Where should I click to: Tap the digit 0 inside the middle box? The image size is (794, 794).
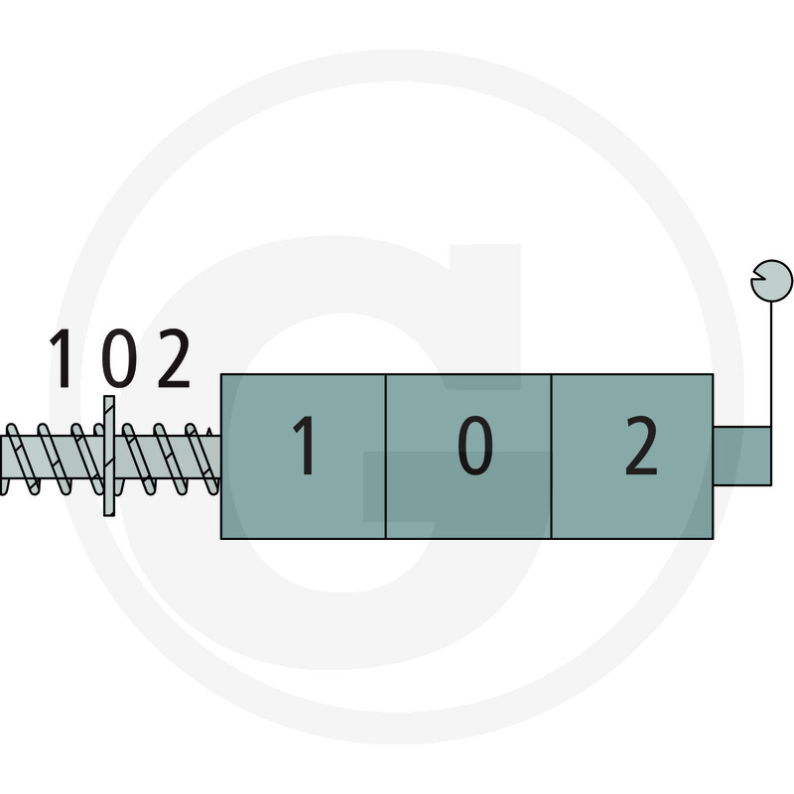(x=475, y=446)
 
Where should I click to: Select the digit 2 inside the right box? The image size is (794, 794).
(x=641, y=446)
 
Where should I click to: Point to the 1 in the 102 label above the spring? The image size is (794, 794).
(x=62, y=358)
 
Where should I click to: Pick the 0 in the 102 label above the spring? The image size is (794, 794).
(x=119, y=358)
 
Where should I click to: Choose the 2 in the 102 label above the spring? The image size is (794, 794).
(x=174, y=358)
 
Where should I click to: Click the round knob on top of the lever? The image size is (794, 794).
(x=771, y=281)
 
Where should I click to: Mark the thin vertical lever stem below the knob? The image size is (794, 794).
(x=771, y=364)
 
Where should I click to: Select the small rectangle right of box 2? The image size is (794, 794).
(x=742, y=456)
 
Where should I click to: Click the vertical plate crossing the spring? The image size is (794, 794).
(x=109, y=456)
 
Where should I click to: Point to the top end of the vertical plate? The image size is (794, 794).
(x=109, y=396)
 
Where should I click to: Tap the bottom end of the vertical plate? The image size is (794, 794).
(x=109, y=515)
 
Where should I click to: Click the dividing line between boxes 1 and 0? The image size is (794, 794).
(x=386, y=457)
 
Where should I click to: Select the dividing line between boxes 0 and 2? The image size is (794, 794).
(x=551, y=457)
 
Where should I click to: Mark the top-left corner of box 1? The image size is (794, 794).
(x=221, y=375)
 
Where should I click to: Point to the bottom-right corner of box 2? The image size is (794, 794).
(x=713, y=538)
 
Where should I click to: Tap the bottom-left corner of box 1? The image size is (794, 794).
(x=221, y=538)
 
